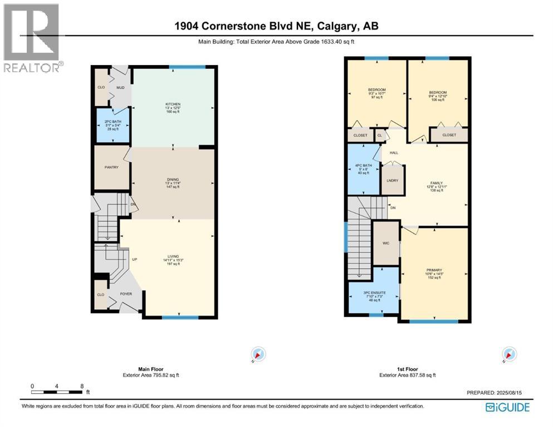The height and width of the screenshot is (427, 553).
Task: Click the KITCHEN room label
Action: click(173, 104)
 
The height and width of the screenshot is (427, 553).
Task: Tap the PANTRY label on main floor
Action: click(111, 167)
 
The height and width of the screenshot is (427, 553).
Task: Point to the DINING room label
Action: click(173, 179)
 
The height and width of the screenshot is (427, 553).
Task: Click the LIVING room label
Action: click(173, 256)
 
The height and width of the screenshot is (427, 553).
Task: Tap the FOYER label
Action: click(126, 293)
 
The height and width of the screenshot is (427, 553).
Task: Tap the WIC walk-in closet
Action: click(385, 243)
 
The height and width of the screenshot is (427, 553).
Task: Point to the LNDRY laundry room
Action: click(393, 180)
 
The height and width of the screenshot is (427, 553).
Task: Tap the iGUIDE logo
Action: click(507, 407)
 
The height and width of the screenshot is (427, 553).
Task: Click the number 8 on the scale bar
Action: click(82, 386)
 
